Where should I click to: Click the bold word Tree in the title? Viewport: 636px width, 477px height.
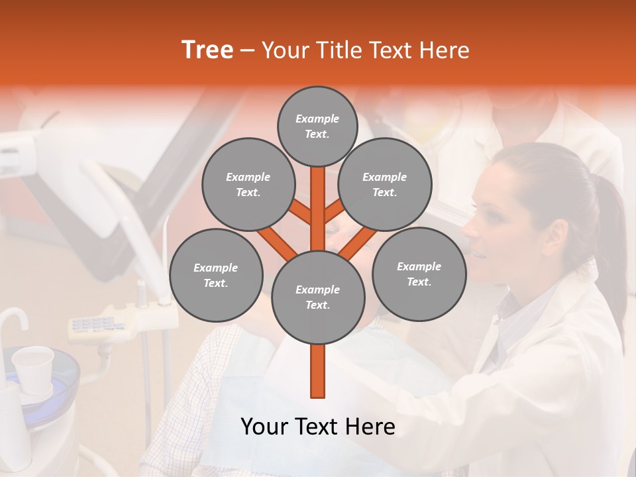pyautogui.click(x=207, y=50)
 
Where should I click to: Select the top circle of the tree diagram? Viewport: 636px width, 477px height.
pyautogui.click(x=317, y=126)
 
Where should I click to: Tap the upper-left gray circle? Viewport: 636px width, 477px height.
pyautogui.click(x=248, y=185)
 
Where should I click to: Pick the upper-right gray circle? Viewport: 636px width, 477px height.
pyautogui.click(x=384, y=185)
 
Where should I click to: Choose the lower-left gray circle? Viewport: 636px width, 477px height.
pyautogui.click(x=215, y=275)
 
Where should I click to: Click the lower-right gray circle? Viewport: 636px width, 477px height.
pyautogui.click(x=419, y=274)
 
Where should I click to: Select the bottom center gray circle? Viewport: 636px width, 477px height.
pyautogui.click(x=317, y=297)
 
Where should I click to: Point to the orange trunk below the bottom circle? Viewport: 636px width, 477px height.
pyautogui.click(x=318, y=371)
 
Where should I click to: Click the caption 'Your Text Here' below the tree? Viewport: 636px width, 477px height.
pyautogui.click(x=318, y=427)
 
